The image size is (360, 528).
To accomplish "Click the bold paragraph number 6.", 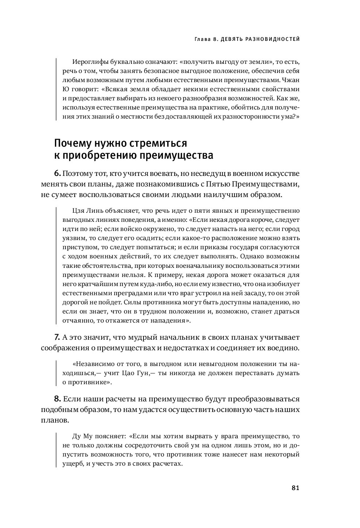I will coord(57,173).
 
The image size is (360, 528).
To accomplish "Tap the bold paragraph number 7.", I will coord(57,337).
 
